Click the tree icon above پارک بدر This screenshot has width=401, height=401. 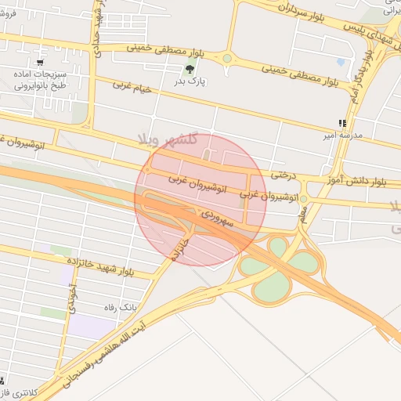pos(191,68)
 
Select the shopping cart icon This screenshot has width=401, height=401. pos(40,63)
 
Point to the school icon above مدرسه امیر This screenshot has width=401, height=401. pos(341,123)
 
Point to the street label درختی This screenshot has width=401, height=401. pos(283,175)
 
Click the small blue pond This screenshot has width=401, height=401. pos(340,61)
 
